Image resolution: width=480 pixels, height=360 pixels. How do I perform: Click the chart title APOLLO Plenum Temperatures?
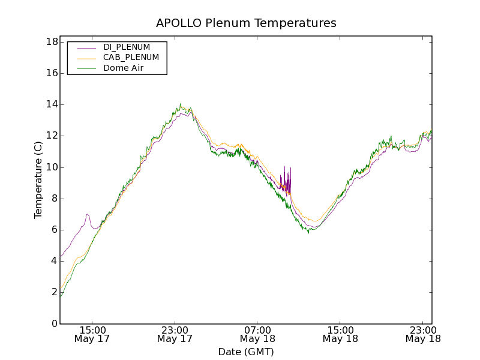point(246,23)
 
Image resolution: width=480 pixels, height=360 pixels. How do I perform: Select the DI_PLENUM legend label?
point(127,47)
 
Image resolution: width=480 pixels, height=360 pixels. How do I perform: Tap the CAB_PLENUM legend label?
point(131,58)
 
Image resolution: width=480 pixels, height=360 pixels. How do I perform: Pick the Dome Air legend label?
point(124,68)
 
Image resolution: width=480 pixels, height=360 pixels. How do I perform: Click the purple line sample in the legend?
point(86,47)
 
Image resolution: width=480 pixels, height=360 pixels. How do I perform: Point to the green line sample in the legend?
point(86,68)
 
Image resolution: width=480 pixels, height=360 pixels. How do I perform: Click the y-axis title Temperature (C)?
point(38,180)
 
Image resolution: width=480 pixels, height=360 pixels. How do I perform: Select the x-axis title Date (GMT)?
point(246,352)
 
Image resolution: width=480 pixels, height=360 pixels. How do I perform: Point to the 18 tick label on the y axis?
point(52,42)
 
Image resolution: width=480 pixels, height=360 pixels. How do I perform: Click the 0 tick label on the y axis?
point(54,324)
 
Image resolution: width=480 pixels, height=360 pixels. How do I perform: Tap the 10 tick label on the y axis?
point(52,167)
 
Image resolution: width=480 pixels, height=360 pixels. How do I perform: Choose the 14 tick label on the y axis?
point(52,104)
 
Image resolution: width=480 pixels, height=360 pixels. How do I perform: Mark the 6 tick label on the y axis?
point(54,230)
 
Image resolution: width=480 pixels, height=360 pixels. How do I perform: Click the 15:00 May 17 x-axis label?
point(92,334)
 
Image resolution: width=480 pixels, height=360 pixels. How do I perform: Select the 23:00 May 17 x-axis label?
point(175,334)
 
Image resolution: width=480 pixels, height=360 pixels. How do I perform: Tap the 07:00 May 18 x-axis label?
point(257,334)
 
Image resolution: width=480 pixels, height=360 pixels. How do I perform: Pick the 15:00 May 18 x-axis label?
point(340,334)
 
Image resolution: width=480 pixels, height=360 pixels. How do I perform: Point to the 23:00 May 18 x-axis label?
point(422,334)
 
